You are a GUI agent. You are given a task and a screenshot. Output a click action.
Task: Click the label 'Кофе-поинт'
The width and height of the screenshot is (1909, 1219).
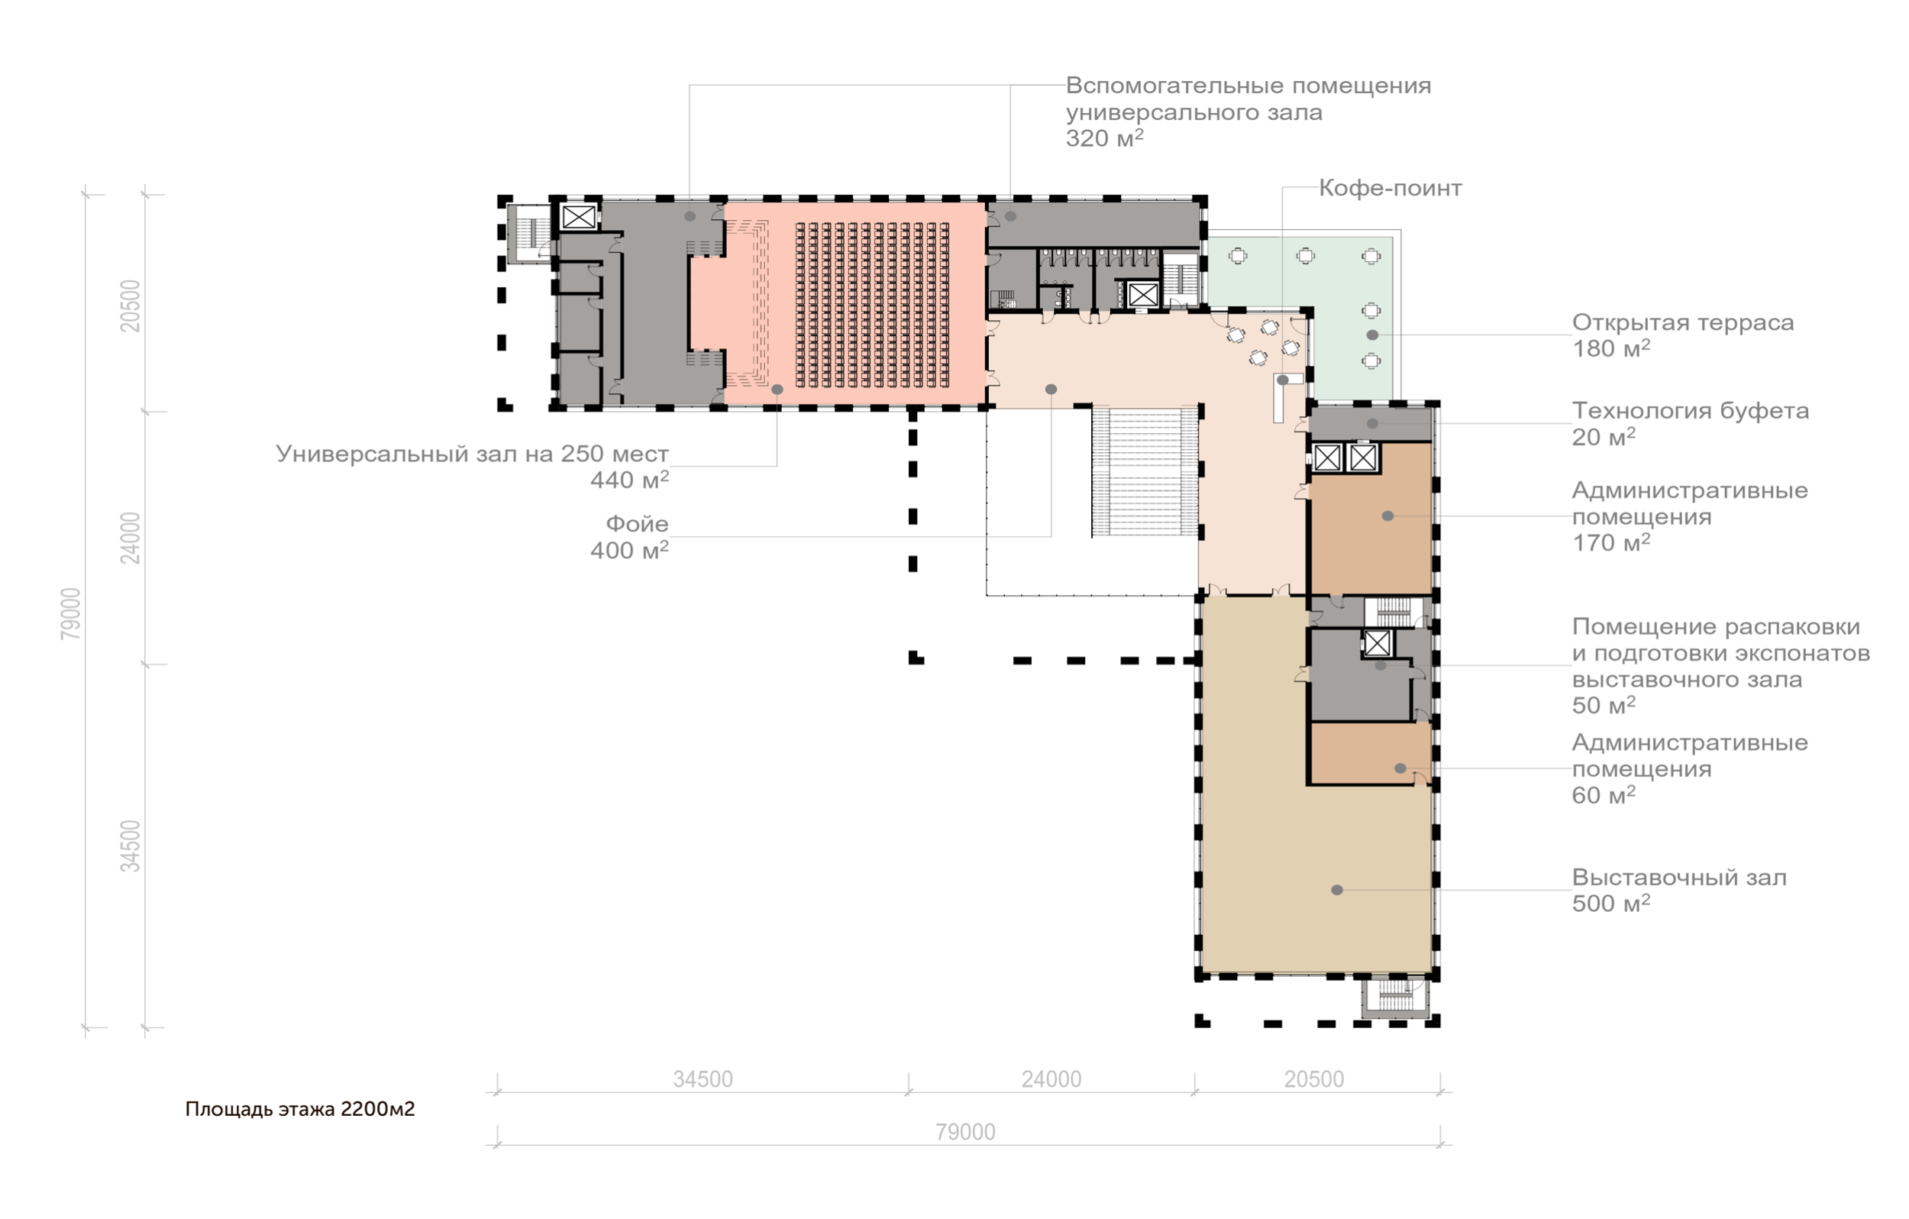tap(1390, 188)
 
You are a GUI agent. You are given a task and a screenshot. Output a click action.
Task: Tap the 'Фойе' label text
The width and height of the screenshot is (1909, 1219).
tap(637, 523)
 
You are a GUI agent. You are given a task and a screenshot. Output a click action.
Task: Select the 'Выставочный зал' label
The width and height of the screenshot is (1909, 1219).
tap(1679, 877)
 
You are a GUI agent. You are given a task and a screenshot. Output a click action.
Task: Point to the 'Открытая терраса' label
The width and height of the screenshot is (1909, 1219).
tap(1682, 323)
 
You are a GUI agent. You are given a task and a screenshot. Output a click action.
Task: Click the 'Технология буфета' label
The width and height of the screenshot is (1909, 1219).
tap(1690, 411)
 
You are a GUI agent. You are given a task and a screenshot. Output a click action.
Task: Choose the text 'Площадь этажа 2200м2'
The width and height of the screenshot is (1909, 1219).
tap(299, 1109)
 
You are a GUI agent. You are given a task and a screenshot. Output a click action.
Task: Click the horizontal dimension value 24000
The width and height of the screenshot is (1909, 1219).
tap(1051, 1079)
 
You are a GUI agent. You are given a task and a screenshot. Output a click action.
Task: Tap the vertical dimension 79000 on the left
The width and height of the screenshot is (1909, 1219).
tap(70, 613)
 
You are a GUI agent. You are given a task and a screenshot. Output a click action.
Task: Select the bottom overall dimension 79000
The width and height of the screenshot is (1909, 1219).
tap(964, 1132)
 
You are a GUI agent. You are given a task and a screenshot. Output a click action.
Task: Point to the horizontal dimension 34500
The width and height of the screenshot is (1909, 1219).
tap(703, 1079)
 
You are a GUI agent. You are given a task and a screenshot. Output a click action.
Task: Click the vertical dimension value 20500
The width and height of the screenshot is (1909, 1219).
tap(130, 306)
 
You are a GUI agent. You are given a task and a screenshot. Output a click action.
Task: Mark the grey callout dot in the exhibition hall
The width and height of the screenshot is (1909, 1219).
tap(1336, 890)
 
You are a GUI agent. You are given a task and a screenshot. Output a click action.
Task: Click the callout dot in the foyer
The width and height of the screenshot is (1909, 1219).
tap(1051, 390)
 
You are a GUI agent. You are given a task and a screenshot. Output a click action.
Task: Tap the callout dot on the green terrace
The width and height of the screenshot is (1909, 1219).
tap(1372, 335)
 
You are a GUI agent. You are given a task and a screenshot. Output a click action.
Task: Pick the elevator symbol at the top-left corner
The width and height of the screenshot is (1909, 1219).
tap(579, 216)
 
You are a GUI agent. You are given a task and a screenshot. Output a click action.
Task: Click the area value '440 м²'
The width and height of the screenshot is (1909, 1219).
tap(629, 479)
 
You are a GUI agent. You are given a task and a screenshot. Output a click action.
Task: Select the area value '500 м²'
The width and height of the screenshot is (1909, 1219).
tap(1611, 903)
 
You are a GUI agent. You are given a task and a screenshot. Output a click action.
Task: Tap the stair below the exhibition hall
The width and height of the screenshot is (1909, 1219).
tap(1394, 998)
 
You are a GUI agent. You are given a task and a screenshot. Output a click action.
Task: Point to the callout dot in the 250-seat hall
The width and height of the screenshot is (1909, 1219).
tap(777, 390)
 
